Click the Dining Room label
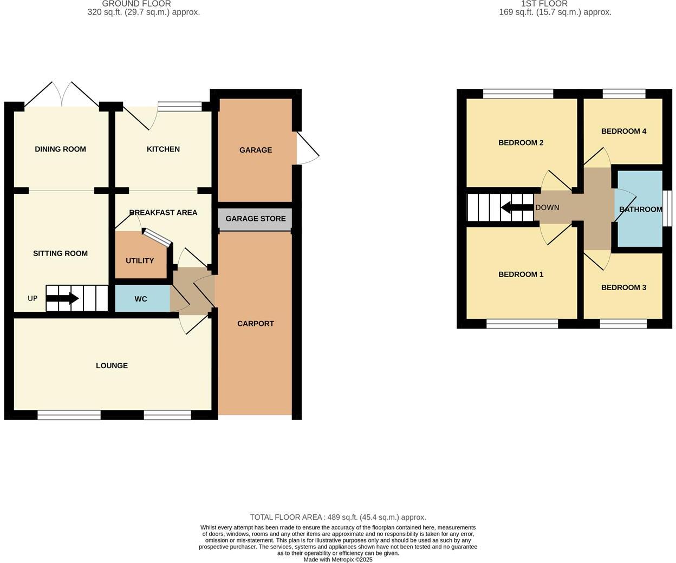pyautogui.click(x=60, y=149)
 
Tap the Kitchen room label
pyautogui.click(x=163, y=149)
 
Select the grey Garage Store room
pyautogui.click(x=255, y=219)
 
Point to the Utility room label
pyautogui.click(x=140, y=261)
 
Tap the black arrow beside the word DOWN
pyautogui.click(x=517, y=207)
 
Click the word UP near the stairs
pyautogui.click(x=32, y=298)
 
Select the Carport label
pyautogui.click(x=256, y=324)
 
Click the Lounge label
pyautogui.click(x=112, y=366)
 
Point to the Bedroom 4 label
pyautogui.click(x=623, y=132)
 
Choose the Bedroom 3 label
pyautogui.click(x=623, y=287)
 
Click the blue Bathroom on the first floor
pyautogui.click(x=640, y=209)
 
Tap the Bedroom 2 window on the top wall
pyautogui.click(x=518, y=94)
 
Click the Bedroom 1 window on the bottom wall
pyautogui.click(x=522, y=324)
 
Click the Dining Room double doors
pyautogui.click(x=62, y=95)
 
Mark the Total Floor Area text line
pyautogui.click(x=338, y=518)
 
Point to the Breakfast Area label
pyautogui.click(x=163, y=213)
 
